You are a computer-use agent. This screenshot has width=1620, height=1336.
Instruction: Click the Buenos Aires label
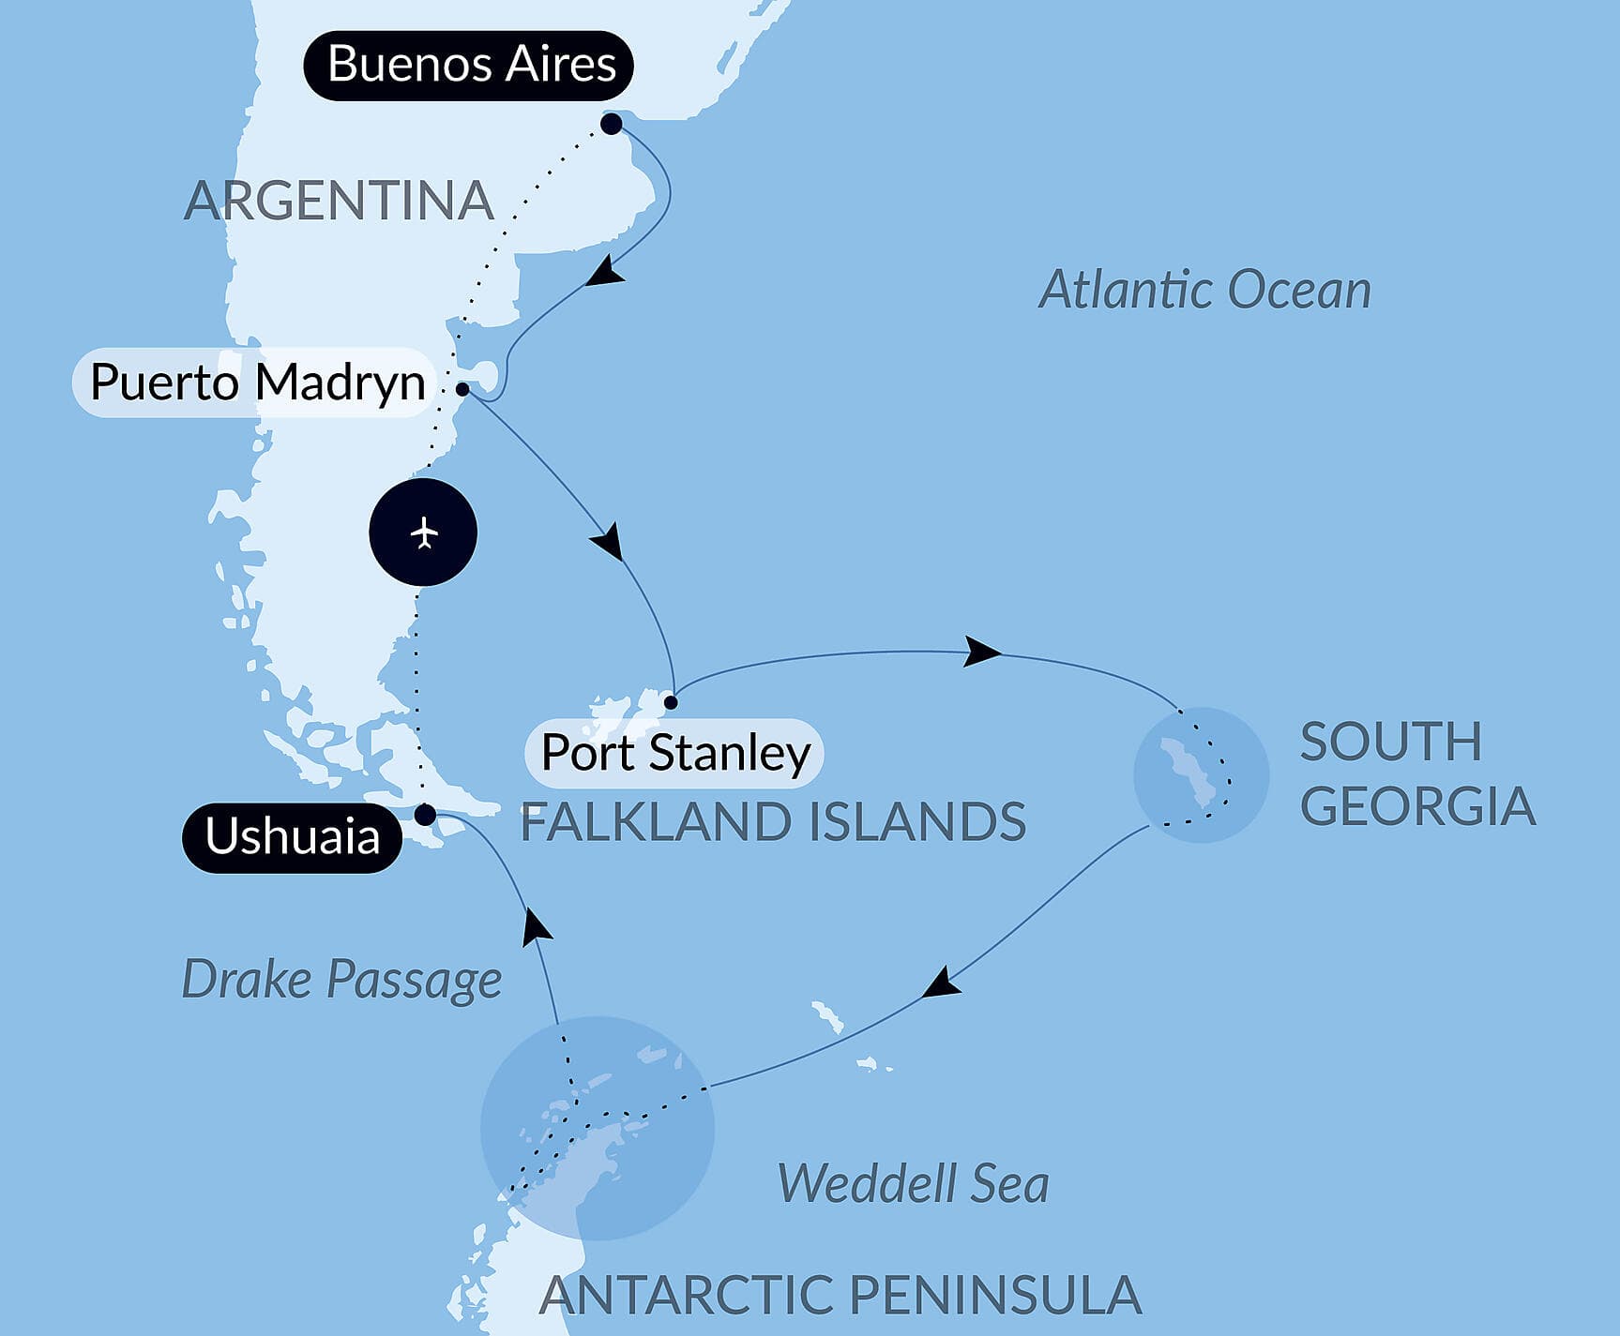click(469, 66)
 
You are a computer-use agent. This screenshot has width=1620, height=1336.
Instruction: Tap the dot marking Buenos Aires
click(612, 124)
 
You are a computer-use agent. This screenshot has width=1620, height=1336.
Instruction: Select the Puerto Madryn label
click(256, 383)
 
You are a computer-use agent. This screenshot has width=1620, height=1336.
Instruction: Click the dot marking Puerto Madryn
click(462, 388)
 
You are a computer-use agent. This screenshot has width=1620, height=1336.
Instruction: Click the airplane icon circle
click(423, 533)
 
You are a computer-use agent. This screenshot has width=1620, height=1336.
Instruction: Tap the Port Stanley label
click(674, 753)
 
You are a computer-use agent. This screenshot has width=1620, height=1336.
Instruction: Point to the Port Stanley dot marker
click(671, 701)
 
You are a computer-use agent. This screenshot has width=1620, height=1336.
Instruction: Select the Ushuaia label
click(292, 836)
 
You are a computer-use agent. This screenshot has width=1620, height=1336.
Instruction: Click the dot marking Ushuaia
click(425, 815)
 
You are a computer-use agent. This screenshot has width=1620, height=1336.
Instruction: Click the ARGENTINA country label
click(339, 201)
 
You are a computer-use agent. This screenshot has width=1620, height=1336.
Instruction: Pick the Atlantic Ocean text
click(1204, 290)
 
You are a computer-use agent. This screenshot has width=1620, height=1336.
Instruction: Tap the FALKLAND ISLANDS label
click(773, 822)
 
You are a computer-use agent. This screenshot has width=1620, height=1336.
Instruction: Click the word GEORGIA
click(1416, 806)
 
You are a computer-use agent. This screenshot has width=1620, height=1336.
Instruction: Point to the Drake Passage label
click(341, 980)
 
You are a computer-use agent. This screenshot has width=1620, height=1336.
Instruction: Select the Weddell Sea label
click(913, 1183)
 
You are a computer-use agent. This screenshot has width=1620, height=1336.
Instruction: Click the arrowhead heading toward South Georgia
click(981, 652)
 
